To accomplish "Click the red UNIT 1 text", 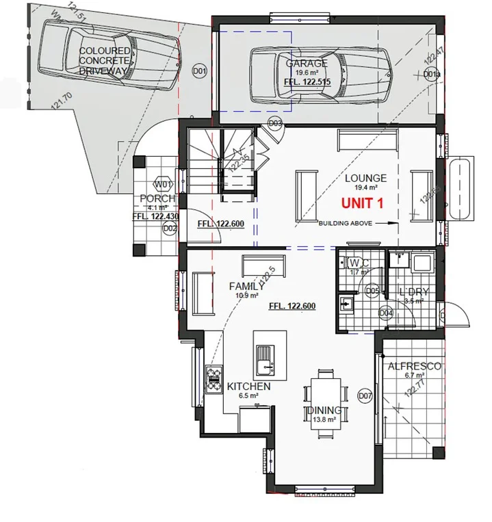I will [363, 203].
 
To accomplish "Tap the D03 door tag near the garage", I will [275, 123].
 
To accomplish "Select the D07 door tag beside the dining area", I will [365, 395].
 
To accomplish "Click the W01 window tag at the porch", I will [162, 185].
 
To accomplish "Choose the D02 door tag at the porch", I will [170, 229].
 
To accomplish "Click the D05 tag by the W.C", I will [372, 291].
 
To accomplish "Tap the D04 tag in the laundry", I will [386, 313].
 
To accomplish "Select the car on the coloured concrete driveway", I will [109, 58].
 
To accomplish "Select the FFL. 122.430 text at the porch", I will [156, 216].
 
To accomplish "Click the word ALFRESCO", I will [415, 366].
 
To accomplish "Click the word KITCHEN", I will [248, 387].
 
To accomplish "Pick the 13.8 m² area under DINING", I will [325, 419].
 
